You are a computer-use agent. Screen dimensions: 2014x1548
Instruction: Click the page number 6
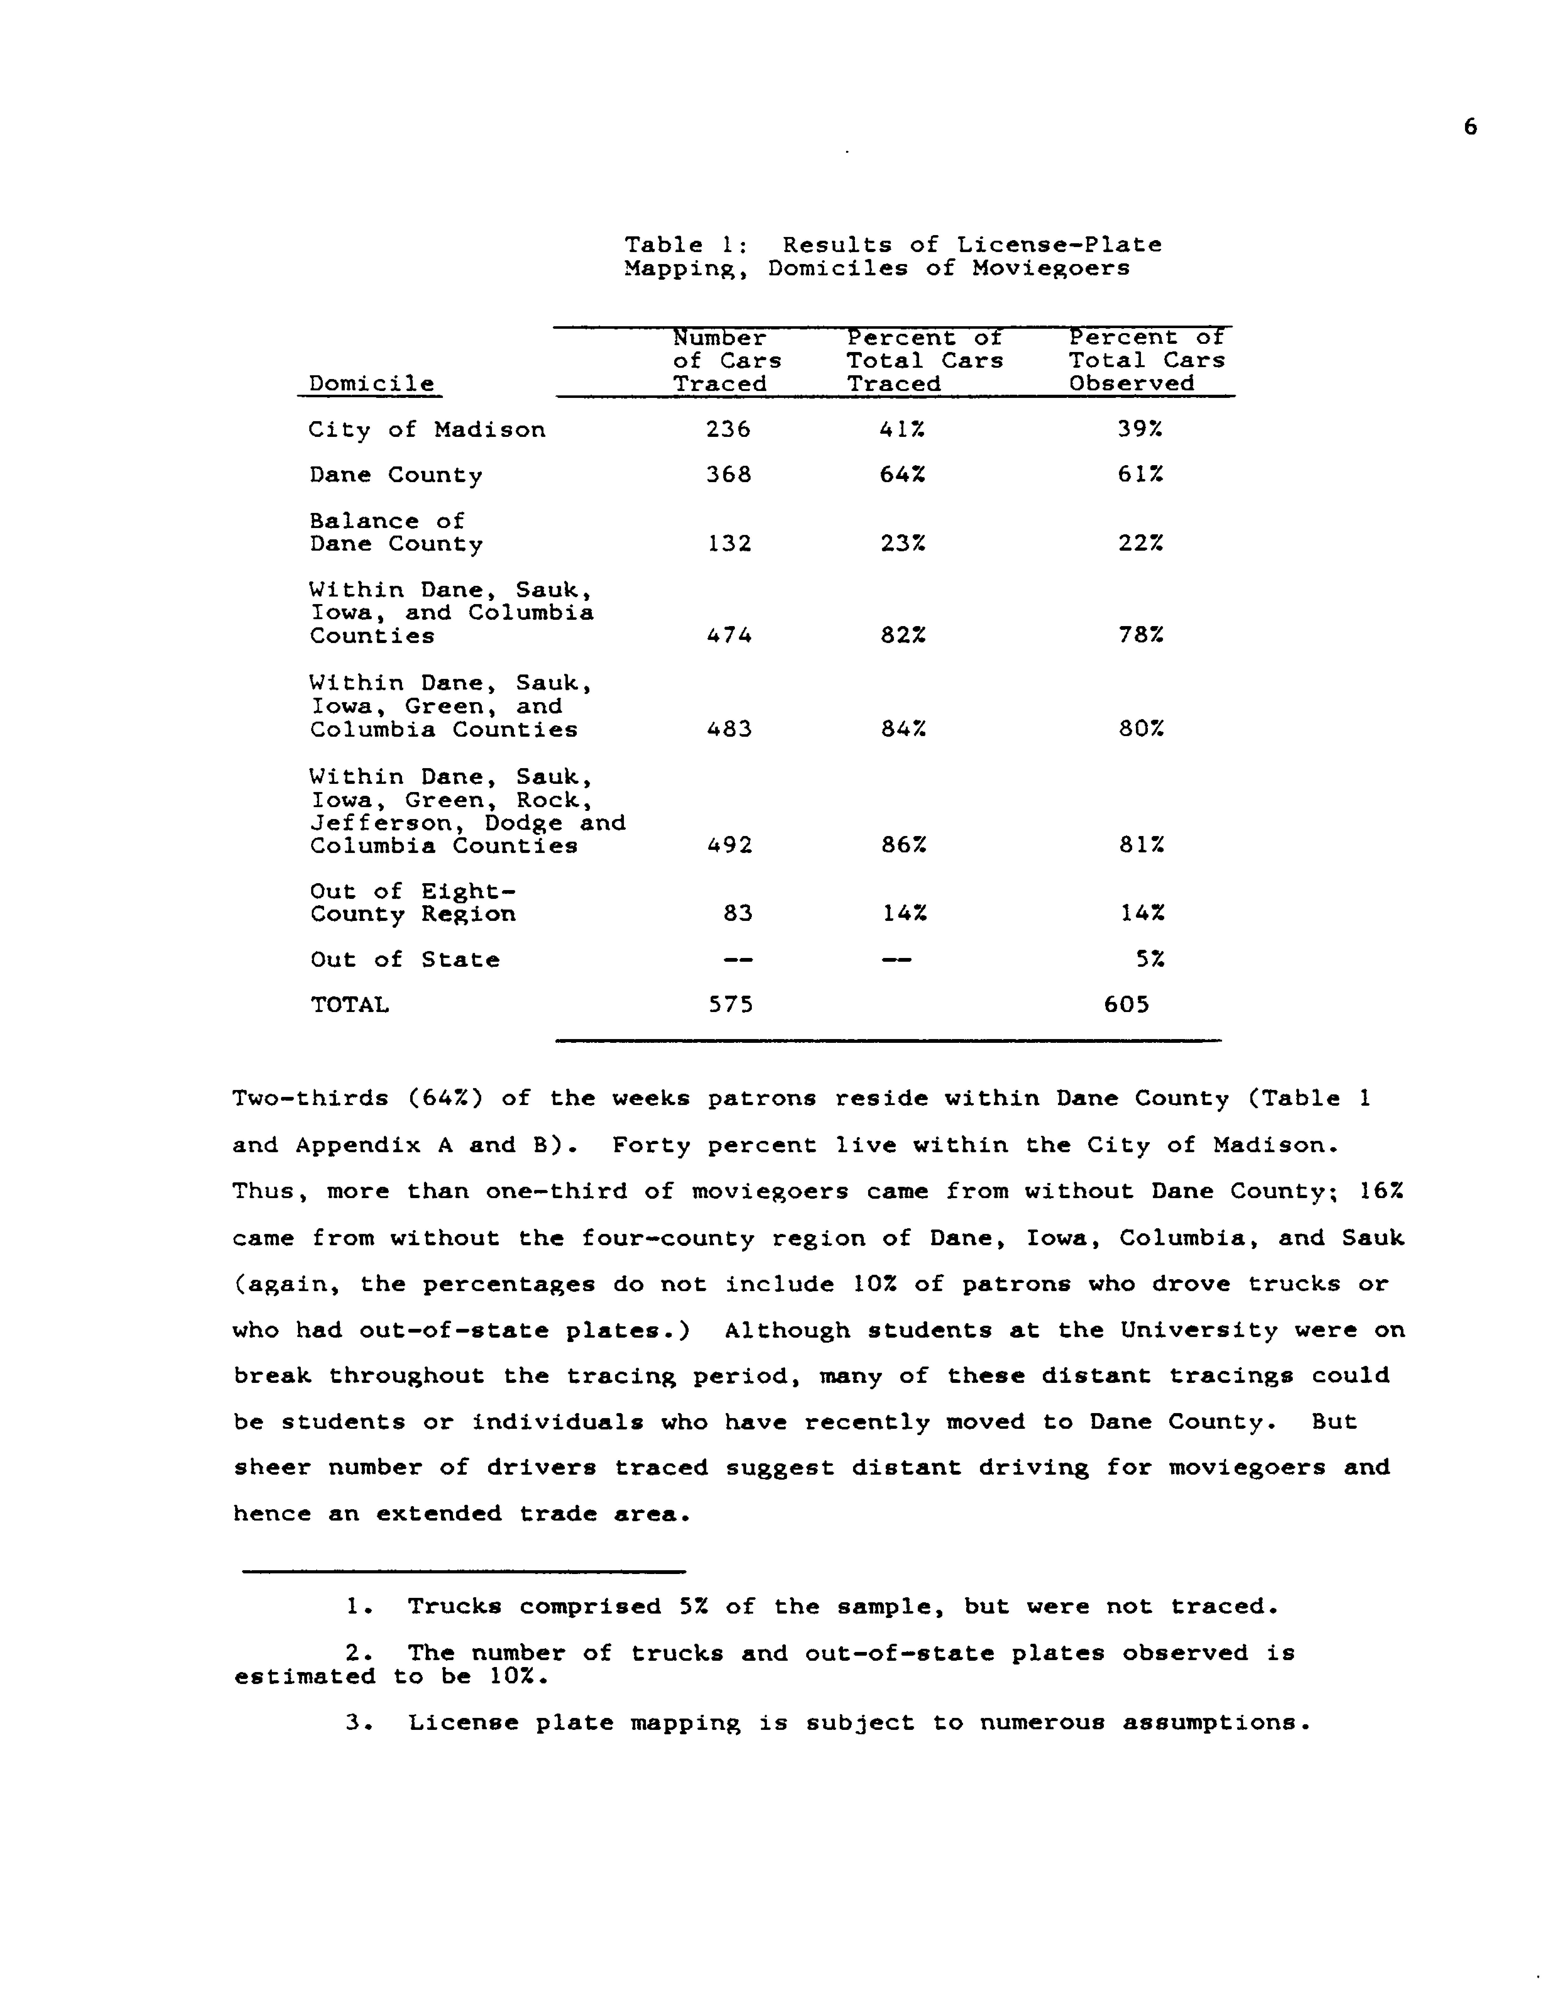pos(1470,127)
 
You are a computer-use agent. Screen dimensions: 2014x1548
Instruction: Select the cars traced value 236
pos(728,429)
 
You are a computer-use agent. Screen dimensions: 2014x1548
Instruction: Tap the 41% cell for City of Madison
pos(902,429)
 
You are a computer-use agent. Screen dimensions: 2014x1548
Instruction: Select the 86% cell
pos(903,845)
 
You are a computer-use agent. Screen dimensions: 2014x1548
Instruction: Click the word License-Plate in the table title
pos(1059,245)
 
